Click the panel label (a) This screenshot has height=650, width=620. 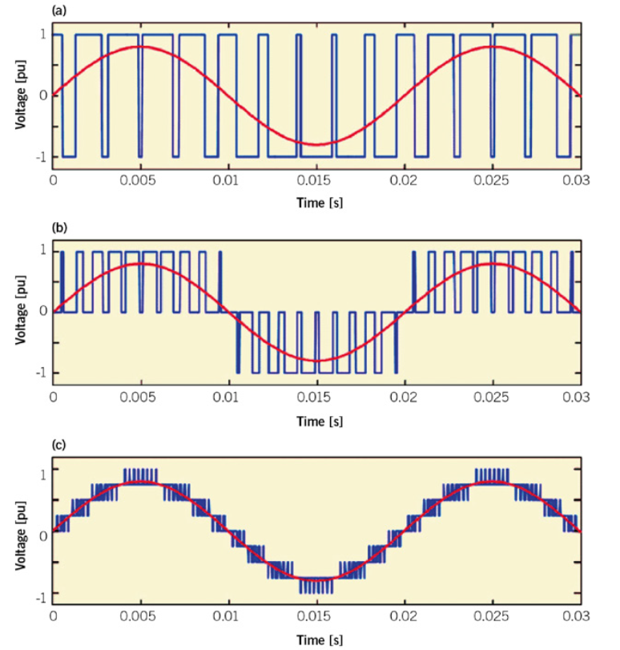[59, 10]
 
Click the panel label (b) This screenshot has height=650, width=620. [59, 227]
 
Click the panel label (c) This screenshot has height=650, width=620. [59, 444]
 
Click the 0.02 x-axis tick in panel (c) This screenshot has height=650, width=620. [405, 616]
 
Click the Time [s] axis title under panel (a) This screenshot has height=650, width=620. [316, 203]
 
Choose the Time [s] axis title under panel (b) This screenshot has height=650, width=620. [316, 420]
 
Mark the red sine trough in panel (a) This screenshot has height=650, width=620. [318, 145]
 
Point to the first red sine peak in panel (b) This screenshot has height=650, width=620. [142, 264]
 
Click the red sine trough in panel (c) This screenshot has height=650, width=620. [318, 578]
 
